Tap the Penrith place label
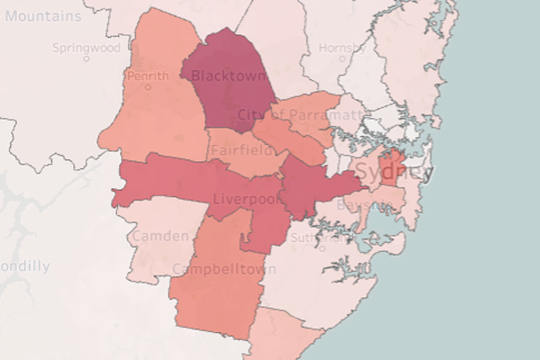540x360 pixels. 148,76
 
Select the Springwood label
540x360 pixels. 86,47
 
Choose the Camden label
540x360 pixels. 160,236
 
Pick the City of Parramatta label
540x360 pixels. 301,114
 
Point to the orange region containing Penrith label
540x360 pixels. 153,117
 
